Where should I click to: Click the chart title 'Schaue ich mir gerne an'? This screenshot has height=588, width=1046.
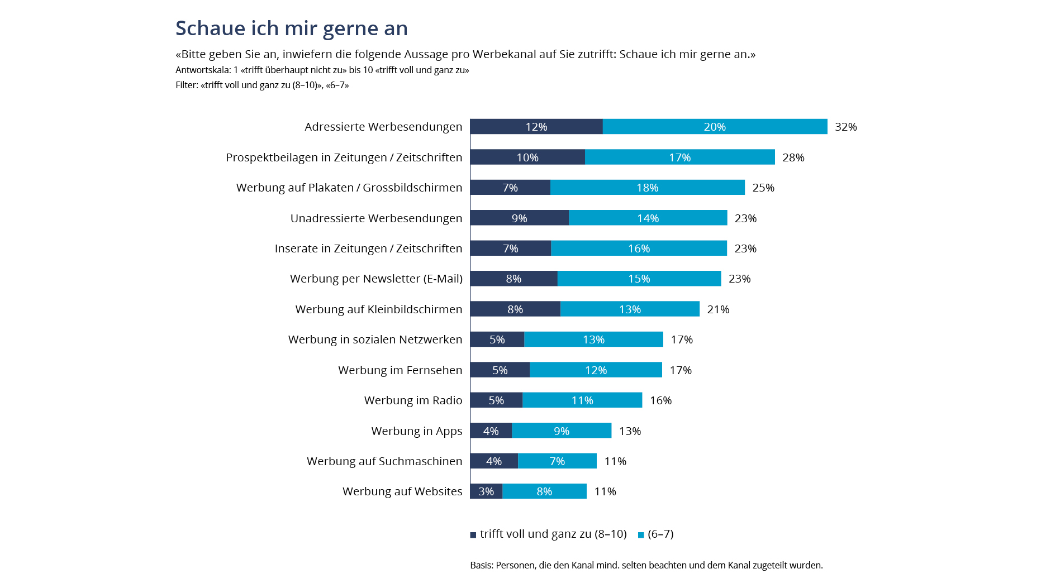point(291,28)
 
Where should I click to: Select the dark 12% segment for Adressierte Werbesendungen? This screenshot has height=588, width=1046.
point(536,127)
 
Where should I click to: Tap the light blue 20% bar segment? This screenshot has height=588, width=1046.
point(715,127)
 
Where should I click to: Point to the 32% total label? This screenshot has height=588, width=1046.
point(845,127)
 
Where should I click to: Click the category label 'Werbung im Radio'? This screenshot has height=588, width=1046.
point(413,400)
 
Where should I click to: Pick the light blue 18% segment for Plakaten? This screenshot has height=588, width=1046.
point(647,188)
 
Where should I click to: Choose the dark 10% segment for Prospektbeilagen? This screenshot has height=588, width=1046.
point(527,157)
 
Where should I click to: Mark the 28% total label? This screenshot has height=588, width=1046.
point(793,157)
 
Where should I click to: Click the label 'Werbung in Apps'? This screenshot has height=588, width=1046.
point(416,431)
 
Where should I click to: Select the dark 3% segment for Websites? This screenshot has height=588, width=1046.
point(486,491)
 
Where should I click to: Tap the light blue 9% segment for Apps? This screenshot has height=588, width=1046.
point(561,431)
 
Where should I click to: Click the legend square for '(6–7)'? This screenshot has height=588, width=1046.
point(641,535)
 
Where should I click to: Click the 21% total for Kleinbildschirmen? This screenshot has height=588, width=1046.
point(718,309)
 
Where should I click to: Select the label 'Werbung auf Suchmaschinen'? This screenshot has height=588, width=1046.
point(384,461)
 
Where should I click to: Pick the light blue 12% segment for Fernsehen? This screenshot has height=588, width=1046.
point(596,370)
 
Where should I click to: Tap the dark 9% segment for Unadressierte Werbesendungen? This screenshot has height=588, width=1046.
point(519,218)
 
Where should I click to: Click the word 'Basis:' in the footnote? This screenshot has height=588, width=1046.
point(481,565)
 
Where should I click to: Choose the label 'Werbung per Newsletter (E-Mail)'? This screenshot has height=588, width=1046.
point(376,279)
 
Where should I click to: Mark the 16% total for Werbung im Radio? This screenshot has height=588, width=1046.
point(660,400)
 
